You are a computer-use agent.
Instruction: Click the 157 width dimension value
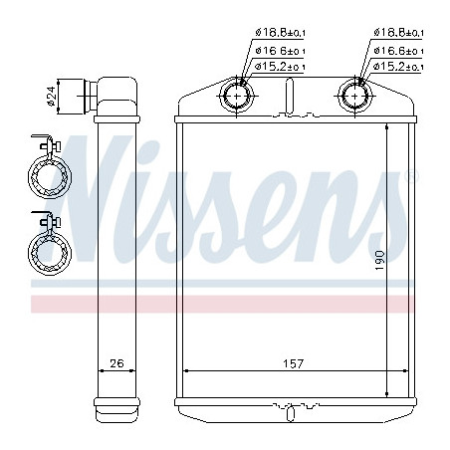(294, 363)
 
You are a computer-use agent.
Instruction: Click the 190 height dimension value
(379, 261)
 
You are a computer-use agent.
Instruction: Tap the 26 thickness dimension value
(116, 363)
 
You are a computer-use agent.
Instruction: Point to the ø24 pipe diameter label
(51, 96)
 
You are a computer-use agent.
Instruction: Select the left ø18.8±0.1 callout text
(281, 33)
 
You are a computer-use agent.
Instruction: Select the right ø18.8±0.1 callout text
(398, 33)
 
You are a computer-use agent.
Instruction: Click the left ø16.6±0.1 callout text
(281, 51)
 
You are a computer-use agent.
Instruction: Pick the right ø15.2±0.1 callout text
(398, 67)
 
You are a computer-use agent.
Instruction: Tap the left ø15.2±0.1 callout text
(281, 67)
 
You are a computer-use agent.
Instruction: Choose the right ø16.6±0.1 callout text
(398, 51)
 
